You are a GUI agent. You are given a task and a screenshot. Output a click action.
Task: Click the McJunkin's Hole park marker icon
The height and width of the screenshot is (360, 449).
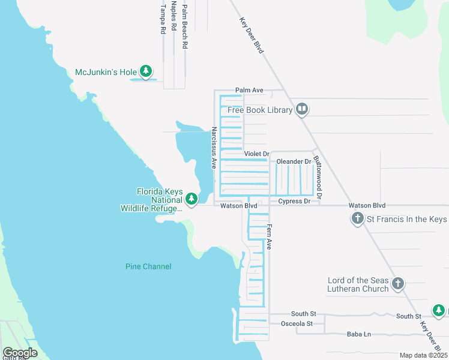point(145,72)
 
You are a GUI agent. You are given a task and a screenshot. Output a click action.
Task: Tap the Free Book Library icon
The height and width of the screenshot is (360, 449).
point(302,109)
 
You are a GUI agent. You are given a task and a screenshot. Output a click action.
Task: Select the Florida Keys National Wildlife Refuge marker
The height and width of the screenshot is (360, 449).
point(191,199)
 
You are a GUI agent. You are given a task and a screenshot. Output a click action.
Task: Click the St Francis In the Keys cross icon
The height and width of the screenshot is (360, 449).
point(358,219)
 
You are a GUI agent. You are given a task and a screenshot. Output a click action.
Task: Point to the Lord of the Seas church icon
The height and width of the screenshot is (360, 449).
point(397,284)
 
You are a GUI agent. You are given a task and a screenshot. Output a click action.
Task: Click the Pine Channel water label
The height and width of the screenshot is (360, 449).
point(148,266)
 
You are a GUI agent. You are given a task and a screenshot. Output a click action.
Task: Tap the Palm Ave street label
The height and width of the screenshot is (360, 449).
point(249,90)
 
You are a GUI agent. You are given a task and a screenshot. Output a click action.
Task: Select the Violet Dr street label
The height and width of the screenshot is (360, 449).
point(256,154)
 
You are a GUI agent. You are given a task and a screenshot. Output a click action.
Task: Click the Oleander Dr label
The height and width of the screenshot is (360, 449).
point(293,161)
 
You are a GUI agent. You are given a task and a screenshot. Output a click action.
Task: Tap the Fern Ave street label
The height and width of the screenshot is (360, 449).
point(270,236)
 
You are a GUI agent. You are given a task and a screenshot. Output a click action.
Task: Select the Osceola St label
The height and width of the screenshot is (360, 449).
point(297,323)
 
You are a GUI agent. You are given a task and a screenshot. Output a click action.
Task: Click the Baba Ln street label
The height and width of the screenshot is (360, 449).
point(359,334)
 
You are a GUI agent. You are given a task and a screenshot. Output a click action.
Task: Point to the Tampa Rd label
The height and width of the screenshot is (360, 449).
point(163,19)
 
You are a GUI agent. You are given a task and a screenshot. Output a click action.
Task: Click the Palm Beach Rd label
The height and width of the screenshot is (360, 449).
point(185,26)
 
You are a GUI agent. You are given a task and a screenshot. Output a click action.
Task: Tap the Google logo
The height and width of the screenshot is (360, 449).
point(20,352)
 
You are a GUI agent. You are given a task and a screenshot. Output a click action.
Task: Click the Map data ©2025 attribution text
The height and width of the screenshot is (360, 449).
point(423,355)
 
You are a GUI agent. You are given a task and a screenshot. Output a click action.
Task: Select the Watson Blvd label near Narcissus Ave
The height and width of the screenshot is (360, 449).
point(238,206)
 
